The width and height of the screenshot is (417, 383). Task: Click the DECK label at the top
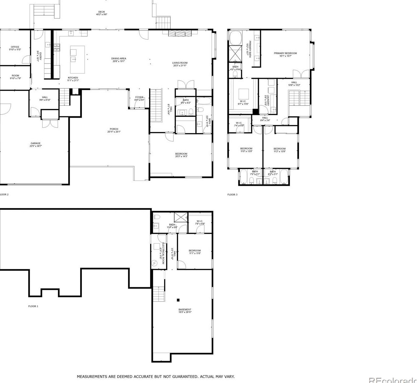click(x=102, y=12)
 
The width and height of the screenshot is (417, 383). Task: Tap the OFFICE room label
click(x=15, y=47)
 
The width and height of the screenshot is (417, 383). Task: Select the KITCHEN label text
click(x=73, y=78)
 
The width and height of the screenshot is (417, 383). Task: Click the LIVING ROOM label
click(x=180, y=63)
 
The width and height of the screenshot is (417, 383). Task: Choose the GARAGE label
click(x=36, y=143)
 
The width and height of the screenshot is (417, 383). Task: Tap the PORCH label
click(x=114, y=129)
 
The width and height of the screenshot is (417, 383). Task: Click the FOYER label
click(x=139, y=97)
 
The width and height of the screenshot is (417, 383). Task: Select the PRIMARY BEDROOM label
click(x=285, y=53)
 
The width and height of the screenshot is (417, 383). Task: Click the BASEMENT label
click(x=185, y=310)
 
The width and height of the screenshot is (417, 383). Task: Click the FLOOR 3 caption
click(x=232, y=194)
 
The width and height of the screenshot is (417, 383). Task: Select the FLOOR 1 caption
click(x=33, y=306)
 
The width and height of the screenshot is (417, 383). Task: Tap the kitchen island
click(x=77, y=60)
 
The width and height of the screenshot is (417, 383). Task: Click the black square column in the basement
click(x=178, y=300)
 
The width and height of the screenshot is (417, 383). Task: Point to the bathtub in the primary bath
click(x=236, y=38)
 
